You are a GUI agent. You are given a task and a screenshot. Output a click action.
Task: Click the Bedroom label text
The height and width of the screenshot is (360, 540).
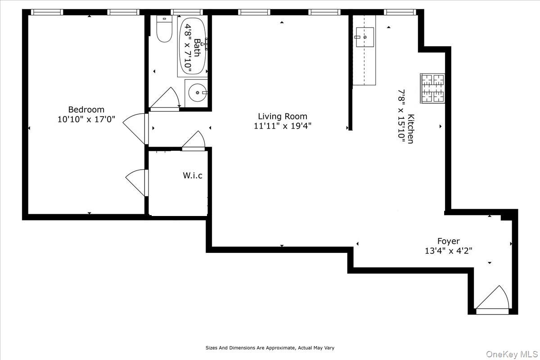pos(86,109)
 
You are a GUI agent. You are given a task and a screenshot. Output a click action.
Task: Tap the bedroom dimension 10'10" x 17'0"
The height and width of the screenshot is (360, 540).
pos(86,120)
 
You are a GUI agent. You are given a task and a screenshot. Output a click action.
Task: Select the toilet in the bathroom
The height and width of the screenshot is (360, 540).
pos(164,29)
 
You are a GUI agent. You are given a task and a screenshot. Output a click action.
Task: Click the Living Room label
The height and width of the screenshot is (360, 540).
pos(282,117)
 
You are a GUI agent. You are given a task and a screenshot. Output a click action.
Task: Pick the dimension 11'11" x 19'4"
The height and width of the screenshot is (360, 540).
pos(282,126)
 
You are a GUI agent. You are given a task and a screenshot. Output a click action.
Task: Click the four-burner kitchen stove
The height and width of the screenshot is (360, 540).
pos(432,88)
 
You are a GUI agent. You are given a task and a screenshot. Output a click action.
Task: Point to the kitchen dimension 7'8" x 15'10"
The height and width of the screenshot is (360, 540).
pos(401,116)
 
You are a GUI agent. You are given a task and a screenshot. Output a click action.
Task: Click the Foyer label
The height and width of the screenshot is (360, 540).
pos(448,241)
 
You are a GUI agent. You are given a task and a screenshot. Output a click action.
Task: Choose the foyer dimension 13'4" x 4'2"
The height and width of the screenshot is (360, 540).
pos(448,251)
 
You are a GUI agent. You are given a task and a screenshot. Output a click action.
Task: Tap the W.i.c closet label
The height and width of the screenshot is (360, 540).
pos(192,175)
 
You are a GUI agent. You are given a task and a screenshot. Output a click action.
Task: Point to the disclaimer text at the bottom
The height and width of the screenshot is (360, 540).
pos(270,348)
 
